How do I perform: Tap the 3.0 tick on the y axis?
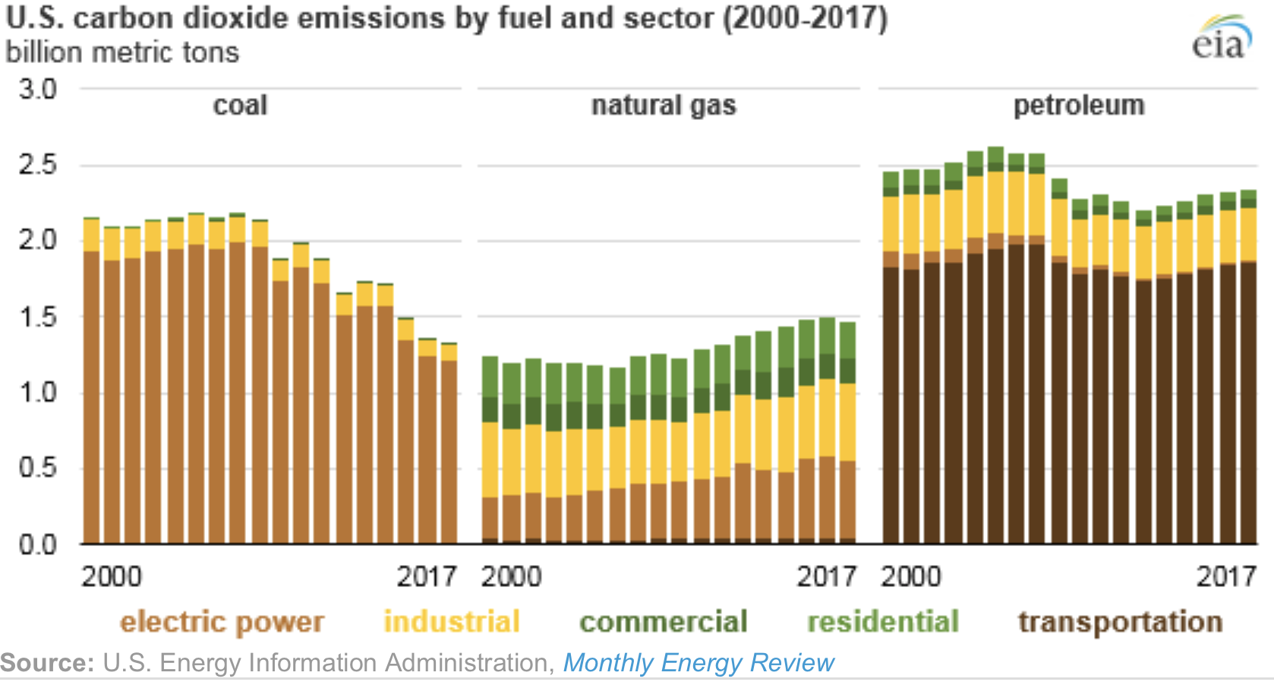pos(38,90)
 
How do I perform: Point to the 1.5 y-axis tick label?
pos(38,317)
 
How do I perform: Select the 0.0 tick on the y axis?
pos(38,545)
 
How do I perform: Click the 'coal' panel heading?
pos(240,105)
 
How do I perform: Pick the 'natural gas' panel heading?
pos(664,105)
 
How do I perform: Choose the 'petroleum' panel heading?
pos(1078,105)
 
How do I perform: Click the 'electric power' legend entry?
pos(222,622)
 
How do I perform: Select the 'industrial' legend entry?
pos(452,622)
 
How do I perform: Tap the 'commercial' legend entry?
pos(663,622)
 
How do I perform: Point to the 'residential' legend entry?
pos(883,622)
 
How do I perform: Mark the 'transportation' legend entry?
pos(1120,622)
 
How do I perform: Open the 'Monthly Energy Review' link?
pos(698,663)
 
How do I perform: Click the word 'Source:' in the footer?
pos(47,663)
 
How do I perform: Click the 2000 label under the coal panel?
pos(111,576)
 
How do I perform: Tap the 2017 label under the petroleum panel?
pos(1226,576)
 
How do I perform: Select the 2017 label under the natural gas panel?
pos(826,576)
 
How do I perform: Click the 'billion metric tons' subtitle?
pos(122,52)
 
